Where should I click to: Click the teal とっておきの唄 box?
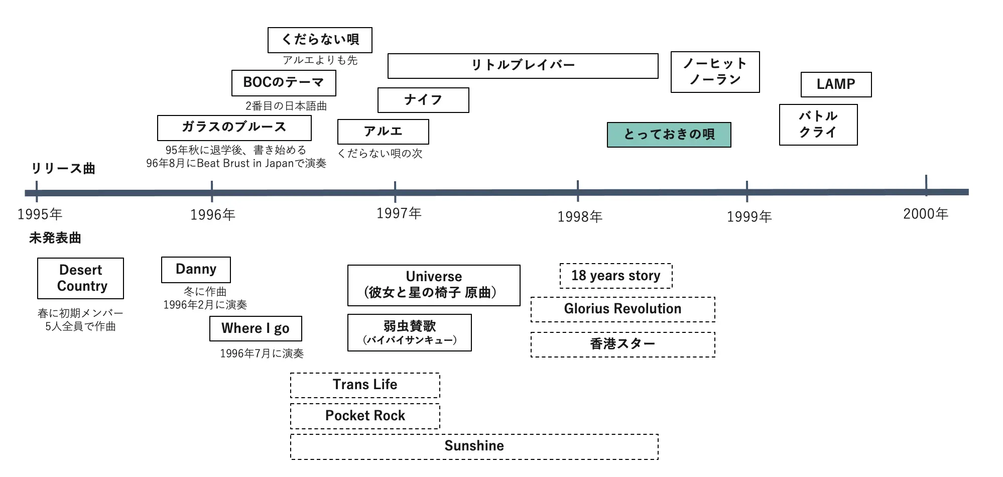pos(669,135)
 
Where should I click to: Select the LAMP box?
pos(836,84)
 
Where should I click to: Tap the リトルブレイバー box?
pos(523,65)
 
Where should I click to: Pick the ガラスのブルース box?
pos(234,128)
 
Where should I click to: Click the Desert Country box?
pos(80,278)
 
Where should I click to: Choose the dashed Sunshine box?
pos(474,446)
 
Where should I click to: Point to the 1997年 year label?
pos(399,213)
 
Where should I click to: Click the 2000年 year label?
pos(926,214)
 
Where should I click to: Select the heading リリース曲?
pos(63,169)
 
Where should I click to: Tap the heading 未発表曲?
pos(55,238)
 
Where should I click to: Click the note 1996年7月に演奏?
pos(262,353)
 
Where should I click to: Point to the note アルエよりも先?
pos(320,60)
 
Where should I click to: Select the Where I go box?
pos(256,328)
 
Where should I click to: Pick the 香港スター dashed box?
pos(622,344)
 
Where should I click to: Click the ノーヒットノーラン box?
pos(715,72)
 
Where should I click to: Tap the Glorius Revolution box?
pos(622,309)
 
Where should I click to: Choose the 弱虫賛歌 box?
pos(409,332)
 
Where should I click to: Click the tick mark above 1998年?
pos(578,190)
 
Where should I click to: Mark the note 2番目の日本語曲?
pos(286,106)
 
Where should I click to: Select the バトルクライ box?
pos(818,125)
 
